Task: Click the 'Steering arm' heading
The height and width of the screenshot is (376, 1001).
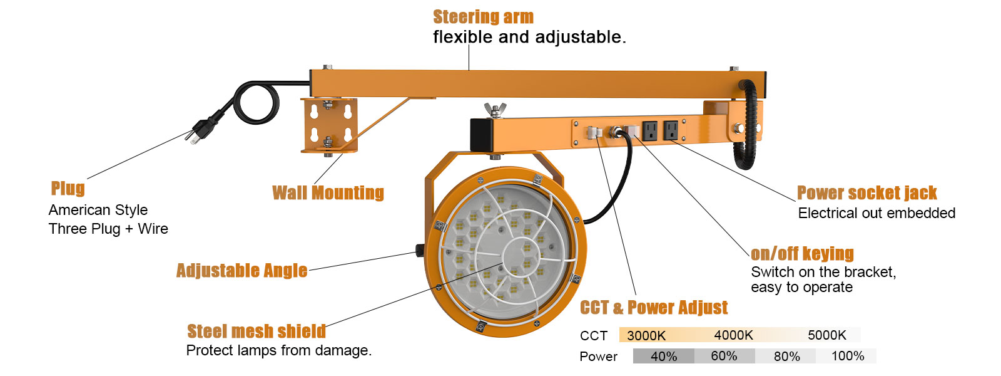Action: [483, 17]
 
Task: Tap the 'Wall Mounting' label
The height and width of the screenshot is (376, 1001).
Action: [328, 193]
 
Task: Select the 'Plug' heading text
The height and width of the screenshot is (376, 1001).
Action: [68, 189]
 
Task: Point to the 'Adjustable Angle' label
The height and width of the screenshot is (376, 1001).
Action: [241, 271]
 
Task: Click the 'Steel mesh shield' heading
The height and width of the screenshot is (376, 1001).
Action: [257, 331]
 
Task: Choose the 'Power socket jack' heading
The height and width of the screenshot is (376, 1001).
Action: [866, 193]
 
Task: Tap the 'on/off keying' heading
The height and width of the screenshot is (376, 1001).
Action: [802, 254]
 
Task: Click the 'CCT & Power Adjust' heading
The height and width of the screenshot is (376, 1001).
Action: [654, 308]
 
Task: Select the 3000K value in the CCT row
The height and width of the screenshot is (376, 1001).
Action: [646, 335]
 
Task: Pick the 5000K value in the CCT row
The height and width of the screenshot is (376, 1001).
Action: [826, 335]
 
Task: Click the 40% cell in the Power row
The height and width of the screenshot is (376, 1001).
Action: [663, 357]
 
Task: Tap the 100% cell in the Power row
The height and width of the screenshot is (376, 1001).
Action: [847, 357]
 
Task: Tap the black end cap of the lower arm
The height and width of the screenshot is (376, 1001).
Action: [482, 135]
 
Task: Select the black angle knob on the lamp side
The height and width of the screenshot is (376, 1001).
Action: [419, 251]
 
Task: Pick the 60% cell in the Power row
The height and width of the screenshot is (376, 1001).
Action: [724, 357]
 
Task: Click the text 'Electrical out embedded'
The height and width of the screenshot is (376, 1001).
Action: [877, 214]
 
